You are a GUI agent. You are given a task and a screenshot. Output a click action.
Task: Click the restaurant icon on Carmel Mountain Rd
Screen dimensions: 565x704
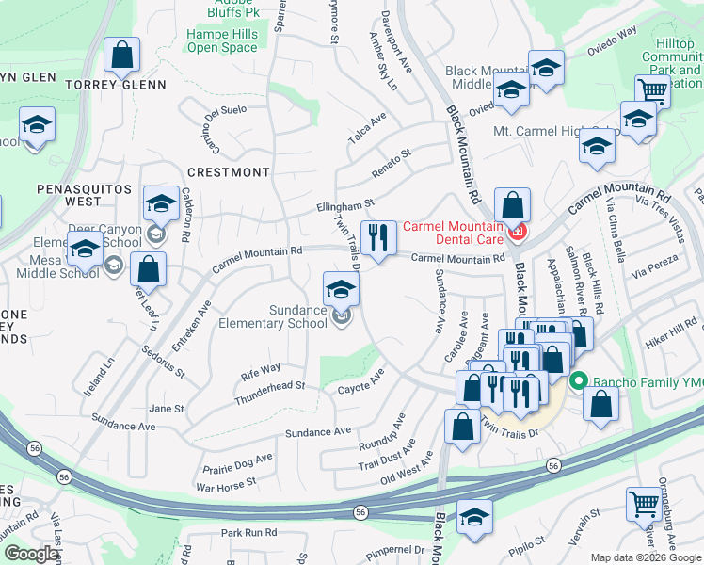tap(377, 236)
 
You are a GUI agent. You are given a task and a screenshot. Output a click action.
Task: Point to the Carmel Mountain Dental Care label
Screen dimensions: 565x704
tap(453, 233)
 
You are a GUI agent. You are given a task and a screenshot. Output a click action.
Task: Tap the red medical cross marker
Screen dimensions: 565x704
tap(516, 232)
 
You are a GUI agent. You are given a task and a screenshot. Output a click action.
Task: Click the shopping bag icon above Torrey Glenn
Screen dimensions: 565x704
tap(122, 55)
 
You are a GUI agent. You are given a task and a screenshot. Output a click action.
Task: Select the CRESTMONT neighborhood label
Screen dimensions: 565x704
tap(228, 172)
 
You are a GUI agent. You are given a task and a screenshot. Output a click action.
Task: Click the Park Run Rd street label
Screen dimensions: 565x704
tap(249, 532)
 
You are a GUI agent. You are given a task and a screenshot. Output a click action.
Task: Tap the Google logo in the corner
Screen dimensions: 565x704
tap(31, 554)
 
